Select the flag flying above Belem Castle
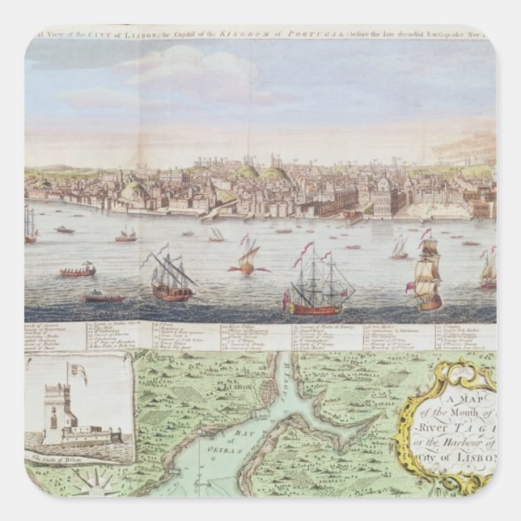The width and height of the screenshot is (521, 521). pos(78,373)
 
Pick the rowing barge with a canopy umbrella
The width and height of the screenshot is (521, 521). pos(78,270)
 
